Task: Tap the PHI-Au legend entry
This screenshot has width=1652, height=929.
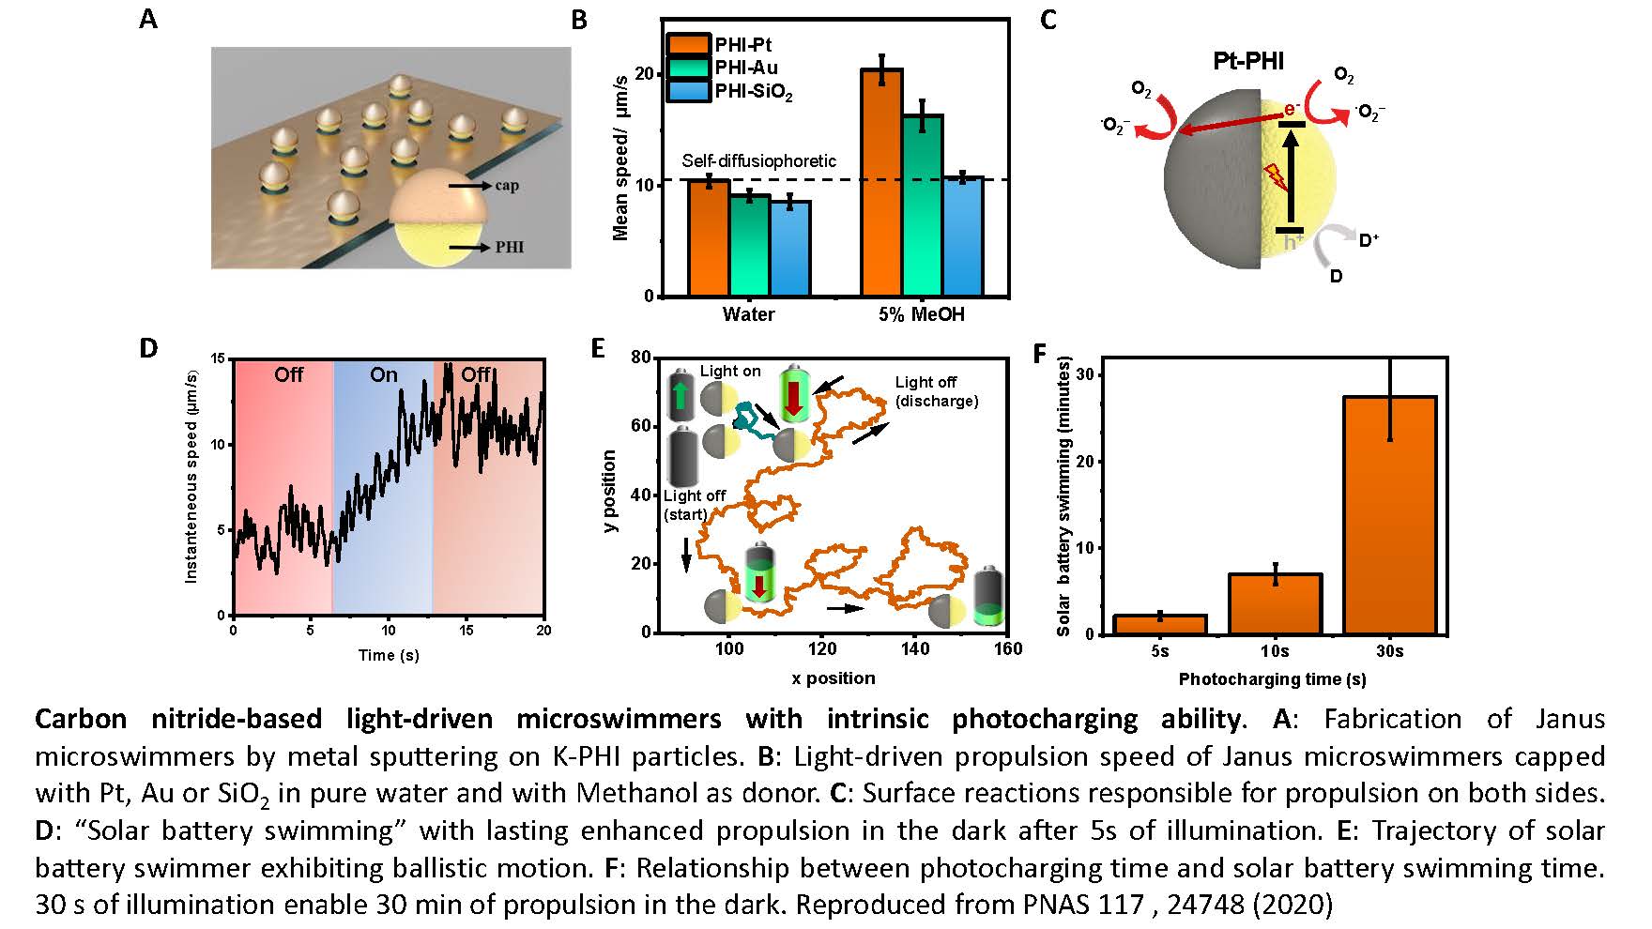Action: [745, 68]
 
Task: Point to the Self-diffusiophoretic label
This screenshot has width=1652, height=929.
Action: [758, 160]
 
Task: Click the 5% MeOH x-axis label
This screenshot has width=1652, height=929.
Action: [921, 314]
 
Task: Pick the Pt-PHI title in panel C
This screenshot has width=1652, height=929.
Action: [1248, 62]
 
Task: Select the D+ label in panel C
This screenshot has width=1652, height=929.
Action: [1369, 240]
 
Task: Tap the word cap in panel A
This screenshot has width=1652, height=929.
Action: [507, 186]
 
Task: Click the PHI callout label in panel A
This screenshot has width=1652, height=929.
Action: [510, 248]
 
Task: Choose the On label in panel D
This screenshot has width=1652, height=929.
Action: [383, 374]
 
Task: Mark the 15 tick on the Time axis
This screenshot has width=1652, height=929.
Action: [467, 631]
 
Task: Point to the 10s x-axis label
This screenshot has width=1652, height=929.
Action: [1275, 651]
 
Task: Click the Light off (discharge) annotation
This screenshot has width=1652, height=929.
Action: [936, 391]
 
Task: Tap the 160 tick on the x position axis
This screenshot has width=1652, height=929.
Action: [1007, 648]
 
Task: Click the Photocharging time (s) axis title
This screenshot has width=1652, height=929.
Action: [1272, 678]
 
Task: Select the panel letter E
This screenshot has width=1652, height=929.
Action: [598, 349]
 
